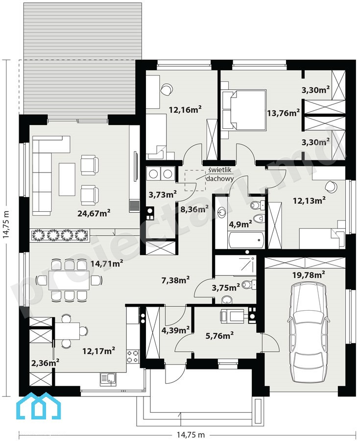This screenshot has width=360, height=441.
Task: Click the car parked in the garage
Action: click(x=308, y=332)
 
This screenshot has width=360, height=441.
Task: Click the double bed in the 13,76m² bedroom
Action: click(x=244, y=110)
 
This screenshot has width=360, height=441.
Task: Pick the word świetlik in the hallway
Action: click(x=220, y=170)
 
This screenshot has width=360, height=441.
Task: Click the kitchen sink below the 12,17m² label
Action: click(x=108, y=379)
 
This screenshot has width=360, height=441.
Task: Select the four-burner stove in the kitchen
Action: click(x=133, y=356)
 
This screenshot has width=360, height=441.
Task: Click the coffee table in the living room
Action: click(x=67, y=179)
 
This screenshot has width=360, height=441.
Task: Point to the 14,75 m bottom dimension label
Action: click(x=191, y=435)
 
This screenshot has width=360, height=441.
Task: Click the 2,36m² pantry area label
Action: click(x=45, y=363)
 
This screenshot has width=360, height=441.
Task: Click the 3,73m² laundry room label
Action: click(x=163, y=195)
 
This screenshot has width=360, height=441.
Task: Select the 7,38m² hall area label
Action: click(x=175, y=280)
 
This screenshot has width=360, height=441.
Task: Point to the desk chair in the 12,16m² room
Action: click(x=167, y=90)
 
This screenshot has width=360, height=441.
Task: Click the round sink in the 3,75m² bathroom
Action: click(x=227, y=300)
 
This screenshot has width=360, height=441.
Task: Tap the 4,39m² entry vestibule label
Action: click(x=175, y=330)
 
